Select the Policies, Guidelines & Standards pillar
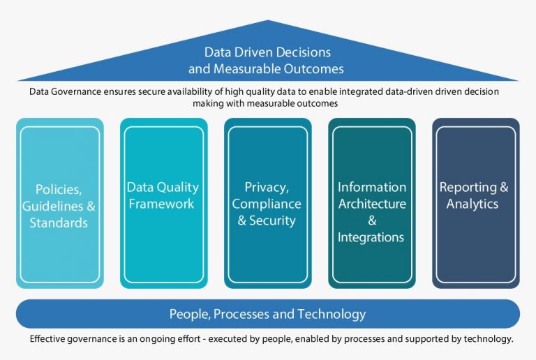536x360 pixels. click(x=59, y=203)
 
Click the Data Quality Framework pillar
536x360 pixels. click(x=163, y=203)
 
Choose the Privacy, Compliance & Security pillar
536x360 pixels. click(x=267, y=203)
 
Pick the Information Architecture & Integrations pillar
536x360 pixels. click(x=371, y=203)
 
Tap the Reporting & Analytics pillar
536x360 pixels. click(x=475, y=203)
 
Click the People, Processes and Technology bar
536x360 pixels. click(x=267, y=314)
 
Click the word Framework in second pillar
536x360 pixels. click(x=163, y=204)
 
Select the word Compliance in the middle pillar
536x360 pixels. click(x=267, y=204)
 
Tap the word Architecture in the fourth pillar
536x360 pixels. click(x=372, y=204)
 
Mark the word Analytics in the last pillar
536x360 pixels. click(x=472, y=204)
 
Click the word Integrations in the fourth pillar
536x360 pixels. click(x=371, y=237)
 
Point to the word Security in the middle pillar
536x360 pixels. click(x=274, y=220)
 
